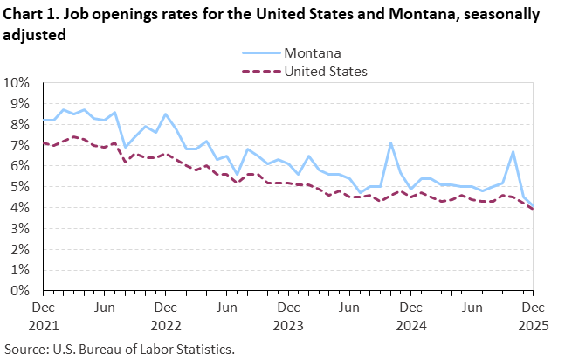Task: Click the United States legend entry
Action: (326, 70)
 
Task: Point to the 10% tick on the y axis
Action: (18, 83)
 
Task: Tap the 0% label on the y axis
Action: (22, 291)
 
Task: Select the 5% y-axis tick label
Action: (22, 187)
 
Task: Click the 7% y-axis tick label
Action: (22, 145)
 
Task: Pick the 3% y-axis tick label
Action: (22, 229)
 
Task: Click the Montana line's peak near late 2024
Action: (390, 143)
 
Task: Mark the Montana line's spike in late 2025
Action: (513, 152)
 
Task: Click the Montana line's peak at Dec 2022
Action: (166, 114)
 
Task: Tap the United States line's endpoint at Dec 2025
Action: (533, 209)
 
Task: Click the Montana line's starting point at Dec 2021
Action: (45, 121)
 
